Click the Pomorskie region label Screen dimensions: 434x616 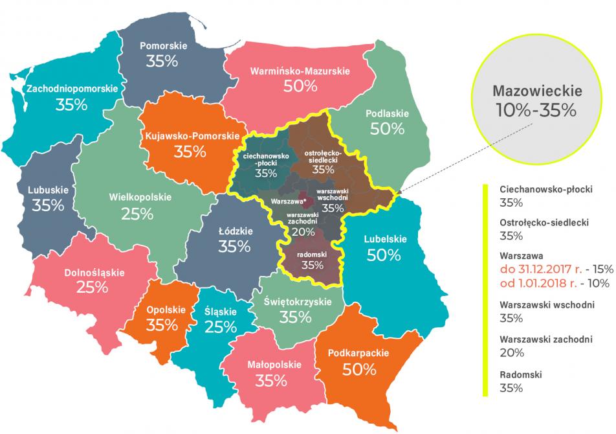[x=164, y=47]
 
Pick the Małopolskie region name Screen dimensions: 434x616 [x=274, y=365]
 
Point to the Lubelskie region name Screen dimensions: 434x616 [x=385, y=238]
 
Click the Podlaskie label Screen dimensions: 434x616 [x=387, y=113]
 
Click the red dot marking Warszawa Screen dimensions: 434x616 [x=305, y=201]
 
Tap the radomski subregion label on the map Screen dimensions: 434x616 [x=313, y=255]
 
